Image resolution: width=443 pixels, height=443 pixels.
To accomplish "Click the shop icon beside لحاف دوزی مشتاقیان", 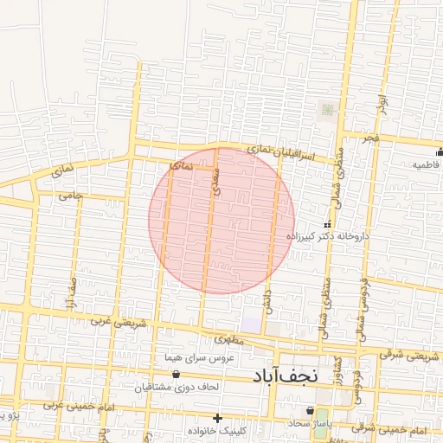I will click(x=177, y=375).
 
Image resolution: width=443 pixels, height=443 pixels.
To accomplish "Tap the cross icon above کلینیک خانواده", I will click(x=217, y=418).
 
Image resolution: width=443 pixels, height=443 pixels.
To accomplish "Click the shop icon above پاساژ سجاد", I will click(x=310, y=409).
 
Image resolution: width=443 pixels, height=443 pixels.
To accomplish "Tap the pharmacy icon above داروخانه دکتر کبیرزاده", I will click(x=326, y=224).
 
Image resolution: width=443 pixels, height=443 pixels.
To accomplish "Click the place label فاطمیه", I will click(x=426, y=164).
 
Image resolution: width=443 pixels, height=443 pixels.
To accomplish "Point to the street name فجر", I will click(x=371, y=138).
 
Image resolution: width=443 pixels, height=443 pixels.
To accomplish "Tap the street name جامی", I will click(x=70, y=196).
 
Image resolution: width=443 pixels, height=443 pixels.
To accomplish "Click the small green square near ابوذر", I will click(x=327, y=110).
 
